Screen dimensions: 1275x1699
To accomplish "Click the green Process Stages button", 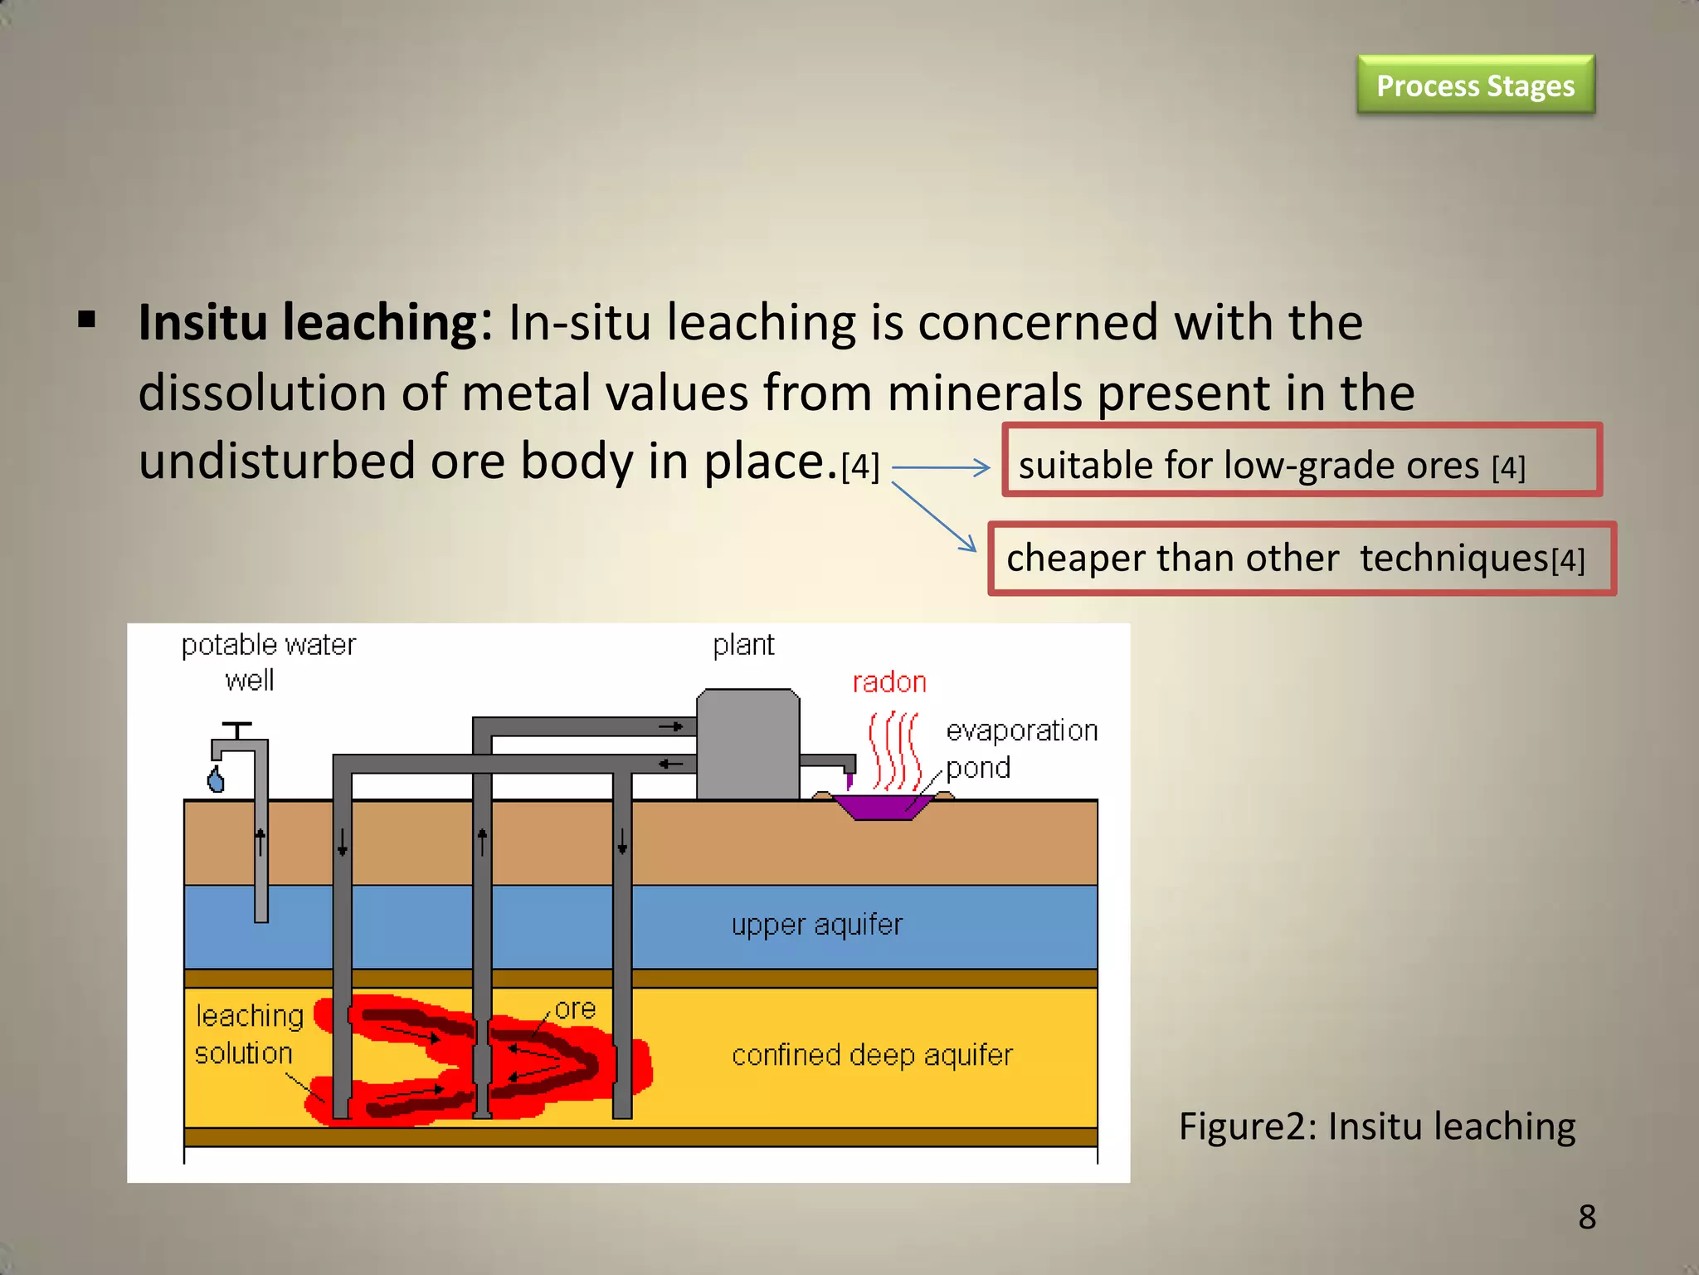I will (x=1475, y=85).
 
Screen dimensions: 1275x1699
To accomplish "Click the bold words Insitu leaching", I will (x=315, y=322).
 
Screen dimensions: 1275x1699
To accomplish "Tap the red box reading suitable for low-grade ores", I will (x=1301, y=461).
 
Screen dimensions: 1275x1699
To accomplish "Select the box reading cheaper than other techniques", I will (x=1301, y=559).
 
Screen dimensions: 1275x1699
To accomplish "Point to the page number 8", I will (x=1587, y=1218).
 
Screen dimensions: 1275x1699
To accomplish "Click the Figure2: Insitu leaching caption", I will (x=1377, y=1126).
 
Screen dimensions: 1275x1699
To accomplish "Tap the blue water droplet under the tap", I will (x=217, y=779).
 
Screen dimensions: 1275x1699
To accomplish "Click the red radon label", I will (x=889, y=682).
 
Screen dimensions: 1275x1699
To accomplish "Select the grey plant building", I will (x=747, y=745).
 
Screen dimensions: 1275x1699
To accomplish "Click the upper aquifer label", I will (x=816, y=925).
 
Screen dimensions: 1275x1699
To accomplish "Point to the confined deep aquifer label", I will (x=872, y=1055).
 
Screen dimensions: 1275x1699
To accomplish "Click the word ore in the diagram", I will (x=575, y=1009).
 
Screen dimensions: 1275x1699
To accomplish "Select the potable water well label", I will (x=267, y=662).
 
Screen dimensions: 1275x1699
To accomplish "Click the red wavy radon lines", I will (x=893, y=750).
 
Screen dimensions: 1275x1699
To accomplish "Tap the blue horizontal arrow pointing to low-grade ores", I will (x=941, y=468).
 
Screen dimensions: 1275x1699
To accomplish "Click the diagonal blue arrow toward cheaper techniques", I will (x=935, y=517).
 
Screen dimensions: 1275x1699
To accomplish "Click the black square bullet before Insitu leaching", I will (x=86, y=320).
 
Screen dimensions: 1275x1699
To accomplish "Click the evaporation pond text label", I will (x=1020, y=749).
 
